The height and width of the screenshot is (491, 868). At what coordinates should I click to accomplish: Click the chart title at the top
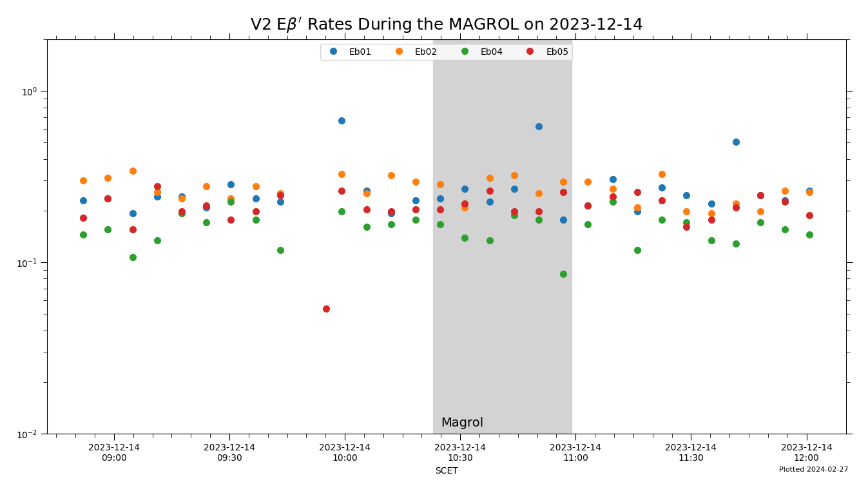[x=446, y=24]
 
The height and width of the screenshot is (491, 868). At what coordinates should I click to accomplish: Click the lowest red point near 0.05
[x=326, y=309]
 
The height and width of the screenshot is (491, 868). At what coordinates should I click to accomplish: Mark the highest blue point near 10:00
[x=342, y=120]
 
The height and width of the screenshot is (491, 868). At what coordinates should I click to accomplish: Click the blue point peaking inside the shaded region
[x=539, y=126]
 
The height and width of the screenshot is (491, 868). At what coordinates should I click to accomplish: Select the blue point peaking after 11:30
[x=736, y=142]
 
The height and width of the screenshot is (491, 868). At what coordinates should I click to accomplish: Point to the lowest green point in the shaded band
[x=563, y=274]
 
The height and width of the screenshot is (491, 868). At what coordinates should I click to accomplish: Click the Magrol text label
[x=462, y=423]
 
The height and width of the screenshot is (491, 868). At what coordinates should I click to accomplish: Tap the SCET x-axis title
[x=446, y=471]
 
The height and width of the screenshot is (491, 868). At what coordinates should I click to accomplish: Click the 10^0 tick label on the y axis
[x=30, y=91]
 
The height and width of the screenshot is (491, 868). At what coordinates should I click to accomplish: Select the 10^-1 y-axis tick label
[x=30, y=263]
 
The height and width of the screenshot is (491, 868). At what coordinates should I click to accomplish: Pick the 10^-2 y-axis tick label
[x=30, y=434]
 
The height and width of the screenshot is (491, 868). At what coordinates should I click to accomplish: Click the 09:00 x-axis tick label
[x=114, y=452]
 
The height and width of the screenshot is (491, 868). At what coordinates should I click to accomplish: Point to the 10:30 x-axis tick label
[x=460, y=452]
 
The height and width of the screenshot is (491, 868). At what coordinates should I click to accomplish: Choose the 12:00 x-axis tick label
[x=806, y=452]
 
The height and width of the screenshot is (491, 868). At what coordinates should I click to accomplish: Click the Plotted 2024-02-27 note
[x=813, y=470]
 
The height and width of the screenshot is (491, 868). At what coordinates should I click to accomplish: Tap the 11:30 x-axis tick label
[x=691, y=452]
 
